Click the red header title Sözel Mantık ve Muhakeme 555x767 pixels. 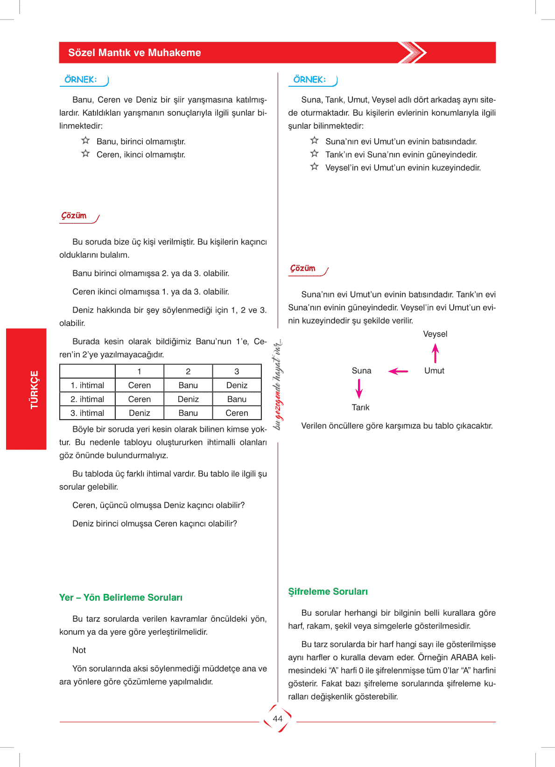(134, 53)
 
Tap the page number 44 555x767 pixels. (278, 718)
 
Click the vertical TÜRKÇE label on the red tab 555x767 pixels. (35, 390)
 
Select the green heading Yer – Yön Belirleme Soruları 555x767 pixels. (121, 598)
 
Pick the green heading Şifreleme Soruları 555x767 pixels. (328, 591)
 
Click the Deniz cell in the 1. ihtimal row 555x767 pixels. (237, 385)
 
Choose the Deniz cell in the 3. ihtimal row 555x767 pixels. (140, 413)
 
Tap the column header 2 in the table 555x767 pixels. (188, 372)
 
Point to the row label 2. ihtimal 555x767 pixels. (87, 399)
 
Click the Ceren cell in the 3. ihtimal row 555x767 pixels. (237, 413)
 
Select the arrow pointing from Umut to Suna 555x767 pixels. (398, 371)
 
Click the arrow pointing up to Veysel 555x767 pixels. (436, 353)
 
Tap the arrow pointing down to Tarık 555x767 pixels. (359, 388)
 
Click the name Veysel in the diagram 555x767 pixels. (435, 334)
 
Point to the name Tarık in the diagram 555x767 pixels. (360, 408)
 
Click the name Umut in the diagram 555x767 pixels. (434, 371)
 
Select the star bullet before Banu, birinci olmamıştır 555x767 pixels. (85, 141)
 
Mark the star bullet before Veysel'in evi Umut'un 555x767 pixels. (315, 167)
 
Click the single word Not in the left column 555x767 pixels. (79, 650)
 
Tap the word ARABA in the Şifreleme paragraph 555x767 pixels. (464, 657)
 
